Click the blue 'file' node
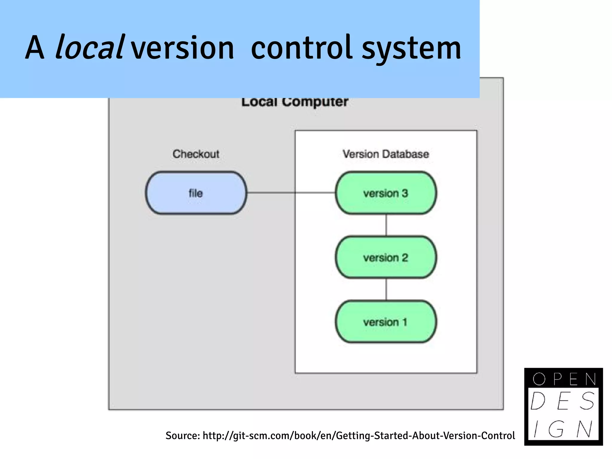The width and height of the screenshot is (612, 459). tap(196, 193)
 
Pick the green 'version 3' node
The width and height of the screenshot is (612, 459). tap(385, 193)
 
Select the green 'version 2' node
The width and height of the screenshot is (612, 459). tap(385, 257)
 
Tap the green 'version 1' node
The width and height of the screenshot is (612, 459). tap(385, 322)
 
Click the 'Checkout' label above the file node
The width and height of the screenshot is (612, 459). tap(196, 154)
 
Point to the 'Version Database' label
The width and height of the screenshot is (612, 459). tap(385, 154)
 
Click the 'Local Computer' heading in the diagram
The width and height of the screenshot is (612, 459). tap(295, 102)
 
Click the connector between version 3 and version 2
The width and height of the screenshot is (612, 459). tap(386, 225)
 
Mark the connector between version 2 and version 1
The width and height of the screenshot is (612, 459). tap(386, 289)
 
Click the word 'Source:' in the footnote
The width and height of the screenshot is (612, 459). tap(183, 435)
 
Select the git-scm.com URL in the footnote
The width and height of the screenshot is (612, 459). tap(359, 435)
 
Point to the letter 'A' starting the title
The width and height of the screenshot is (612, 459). tap(35, 48)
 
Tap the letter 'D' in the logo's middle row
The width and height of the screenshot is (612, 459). tap(538, 401)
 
